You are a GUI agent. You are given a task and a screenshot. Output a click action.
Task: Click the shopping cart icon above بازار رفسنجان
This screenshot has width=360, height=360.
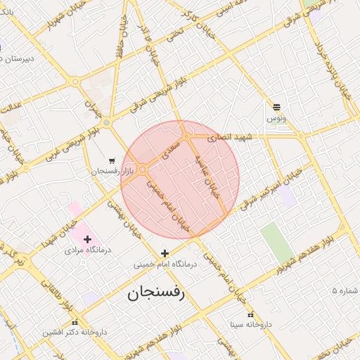112,160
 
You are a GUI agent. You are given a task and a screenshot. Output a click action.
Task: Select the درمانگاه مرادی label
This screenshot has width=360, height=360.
86,250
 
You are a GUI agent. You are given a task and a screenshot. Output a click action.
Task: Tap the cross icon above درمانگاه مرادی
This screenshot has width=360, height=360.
86,240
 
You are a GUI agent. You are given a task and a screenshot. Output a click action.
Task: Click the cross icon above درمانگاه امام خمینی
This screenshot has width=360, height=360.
165,253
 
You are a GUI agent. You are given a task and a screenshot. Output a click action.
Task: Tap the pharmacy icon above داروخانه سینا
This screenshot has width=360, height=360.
250,314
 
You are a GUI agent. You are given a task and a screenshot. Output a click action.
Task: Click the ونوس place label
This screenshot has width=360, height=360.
276,119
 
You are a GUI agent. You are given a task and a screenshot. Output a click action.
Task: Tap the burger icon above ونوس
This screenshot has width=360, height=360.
276,108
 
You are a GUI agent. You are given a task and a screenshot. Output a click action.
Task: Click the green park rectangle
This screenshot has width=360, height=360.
277,243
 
